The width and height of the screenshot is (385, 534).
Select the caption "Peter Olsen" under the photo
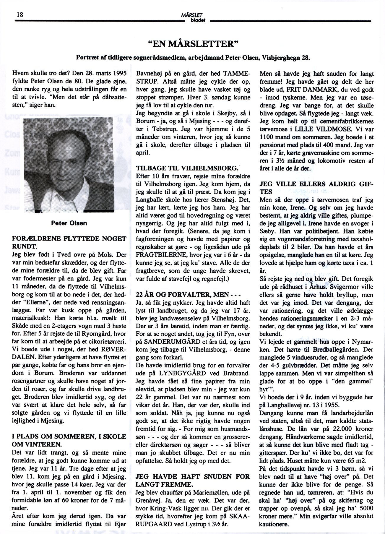click(x=69, y=223)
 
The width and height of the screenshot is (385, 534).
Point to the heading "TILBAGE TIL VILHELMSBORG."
click(x=187, y=168)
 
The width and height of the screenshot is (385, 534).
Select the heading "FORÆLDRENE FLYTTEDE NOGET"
click(x=69, y=238)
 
